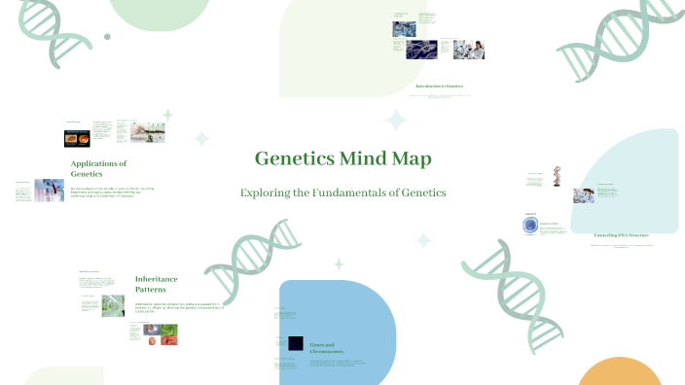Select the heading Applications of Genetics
(98, 168)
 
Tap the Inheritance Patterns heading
(157, 283)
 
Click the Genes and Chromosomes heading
(322, 348)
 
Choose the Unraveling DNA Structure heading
(621, 235)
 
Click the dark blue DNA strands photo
(421, 50)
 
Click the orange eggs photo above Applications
(78, 137)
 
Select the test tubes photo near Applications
(49, 190)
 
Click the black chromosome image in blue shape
(295, 342)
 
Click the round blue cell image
(530, 225)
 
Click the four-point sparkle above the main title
(395, 121)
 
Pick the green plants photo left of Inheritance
(114, 305)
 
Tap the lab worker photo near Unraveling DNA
(583, 195)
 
